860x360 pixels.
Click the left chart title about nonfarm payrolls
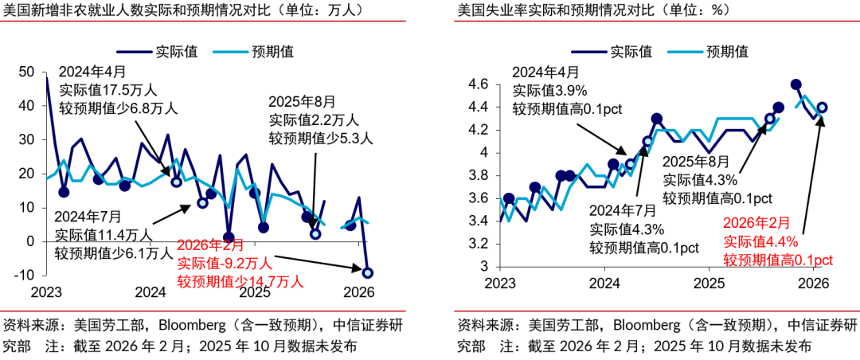pos(183,11)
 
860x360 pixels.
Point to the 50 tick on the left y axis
pos(26,72)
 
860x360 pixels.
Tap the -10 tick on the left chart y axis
pos(24,275)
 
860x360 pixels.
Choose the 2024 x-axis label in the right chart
pos(604,284)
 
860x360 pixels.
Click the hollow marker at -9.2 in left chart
pos(368,273)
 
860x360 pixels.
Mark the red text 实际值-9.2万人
pos(225,263)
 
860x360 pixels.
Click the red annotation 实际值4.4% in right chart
pos(760,242)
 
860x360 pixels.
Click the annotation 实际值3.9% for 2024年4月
pos(549,90)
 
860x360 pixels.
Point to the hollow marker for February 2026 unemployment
pos(822,108)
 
